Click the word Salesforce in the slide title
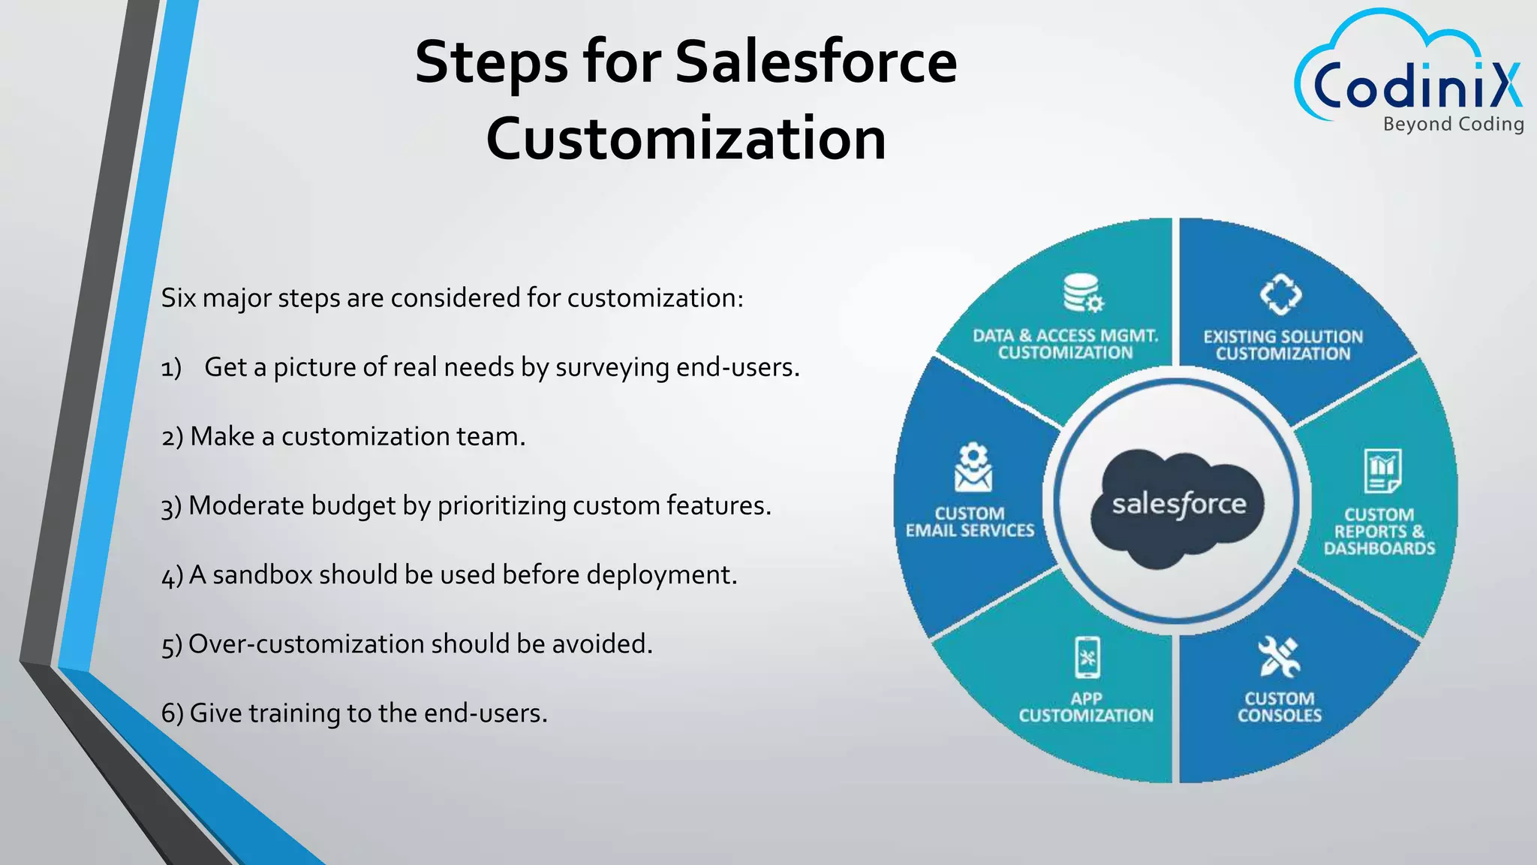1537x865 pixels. click(x=816, y=62)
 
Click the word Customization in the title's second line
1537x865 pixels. click(x=686, y=139)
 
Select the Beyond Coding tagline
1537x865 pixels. click(x=1453, y=124)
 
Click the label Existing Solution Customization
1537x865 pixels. click(x=1283, y=345)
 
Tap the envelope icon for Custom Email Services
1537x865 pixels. click(x=973, y=467)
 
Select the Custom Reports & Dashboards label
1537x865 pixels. click(x=1379, y=532)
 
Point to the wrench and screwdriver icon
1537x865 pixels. click(x=1279, y=656)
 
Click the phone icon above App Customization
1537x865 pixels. click(x=1087, y=658)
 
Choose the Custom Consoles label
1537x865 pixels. click(x=1279, y=707)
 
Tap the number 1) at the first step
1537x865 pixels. click(x=171, y=368)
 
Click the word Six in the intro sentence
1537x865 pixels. click(x=179, y=298)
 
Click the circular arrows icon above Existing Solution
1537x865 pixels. click(x=1280, y=294)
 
